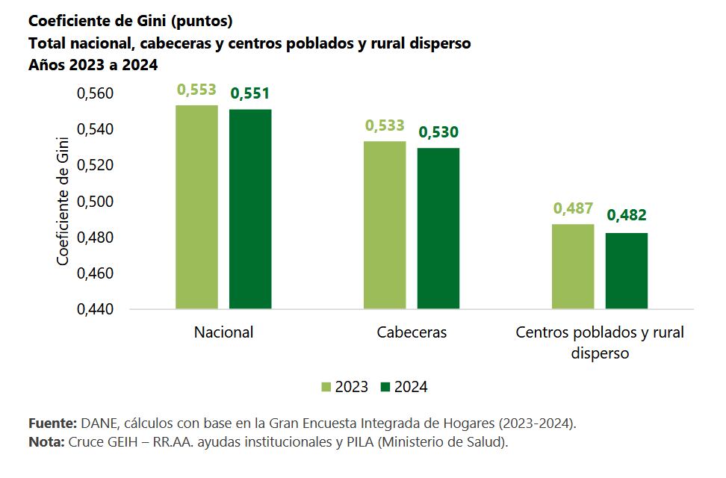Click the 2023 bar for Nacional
coord(196,207)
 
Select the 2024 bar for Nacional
coord(250,209)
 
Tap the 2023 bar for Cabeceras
coord(385,225)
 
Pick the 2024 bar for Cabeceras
coord(438,228)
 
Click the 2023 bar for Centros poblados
coord(573,266)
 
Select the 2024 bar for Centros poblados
coord(627,270)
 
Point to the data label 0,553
coord(196,90)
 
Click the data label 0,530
coord(438,133)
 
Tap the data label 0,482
coord(627,216)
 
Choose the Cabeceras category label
coord(412,332)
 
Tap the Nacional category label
coord(223,332)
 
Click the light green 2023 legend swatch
coord(326,387)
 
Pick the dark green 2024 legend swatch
coord(385,387)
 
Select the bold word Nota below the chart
coord(46,442)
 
